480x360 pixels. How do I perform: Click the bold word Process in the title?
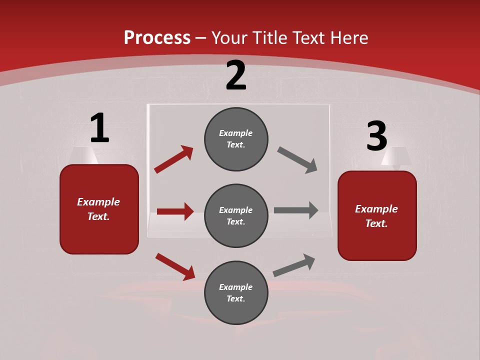[x=157, y=37]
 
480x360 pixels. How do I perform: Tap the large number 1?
[x=99, y=128]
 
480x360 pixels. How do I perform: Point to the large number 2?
[x=236, y=75]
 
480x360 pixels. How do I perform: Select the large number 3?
[x=376, y=136]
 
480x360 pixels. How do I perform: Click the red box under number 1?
[x=99, y=209]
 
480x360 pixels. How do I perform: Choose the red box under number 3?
[x=377, y=215]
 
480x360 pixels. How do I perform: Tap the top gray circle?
[x=236, y=139]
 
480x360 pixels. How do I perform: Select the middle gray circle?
[x=236, y=215]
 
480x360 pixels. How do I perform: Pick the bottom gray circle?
[x=236, y=292]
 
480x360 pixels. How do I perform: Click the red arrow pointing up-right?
[x=173, y=159]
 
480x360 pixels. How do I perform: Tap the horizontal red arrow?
[x=175, y=211]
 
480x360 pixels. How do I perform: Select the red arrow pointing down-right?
[x=175, y=266]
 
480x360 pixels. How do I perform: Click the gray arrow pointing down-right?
[x=297, y=160]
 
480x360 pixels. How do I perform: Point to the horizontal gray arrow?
[x=296, y=210]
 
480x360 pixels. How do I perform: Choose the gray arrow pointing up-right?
[x=294, y=265]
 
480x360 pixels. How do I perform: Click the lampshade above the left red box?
[x=84, y=155]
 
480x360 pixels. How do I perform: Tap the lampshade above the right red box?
[x=396, y=156]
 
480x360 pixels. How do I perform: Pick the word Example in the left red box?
[x=98, y=202]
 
